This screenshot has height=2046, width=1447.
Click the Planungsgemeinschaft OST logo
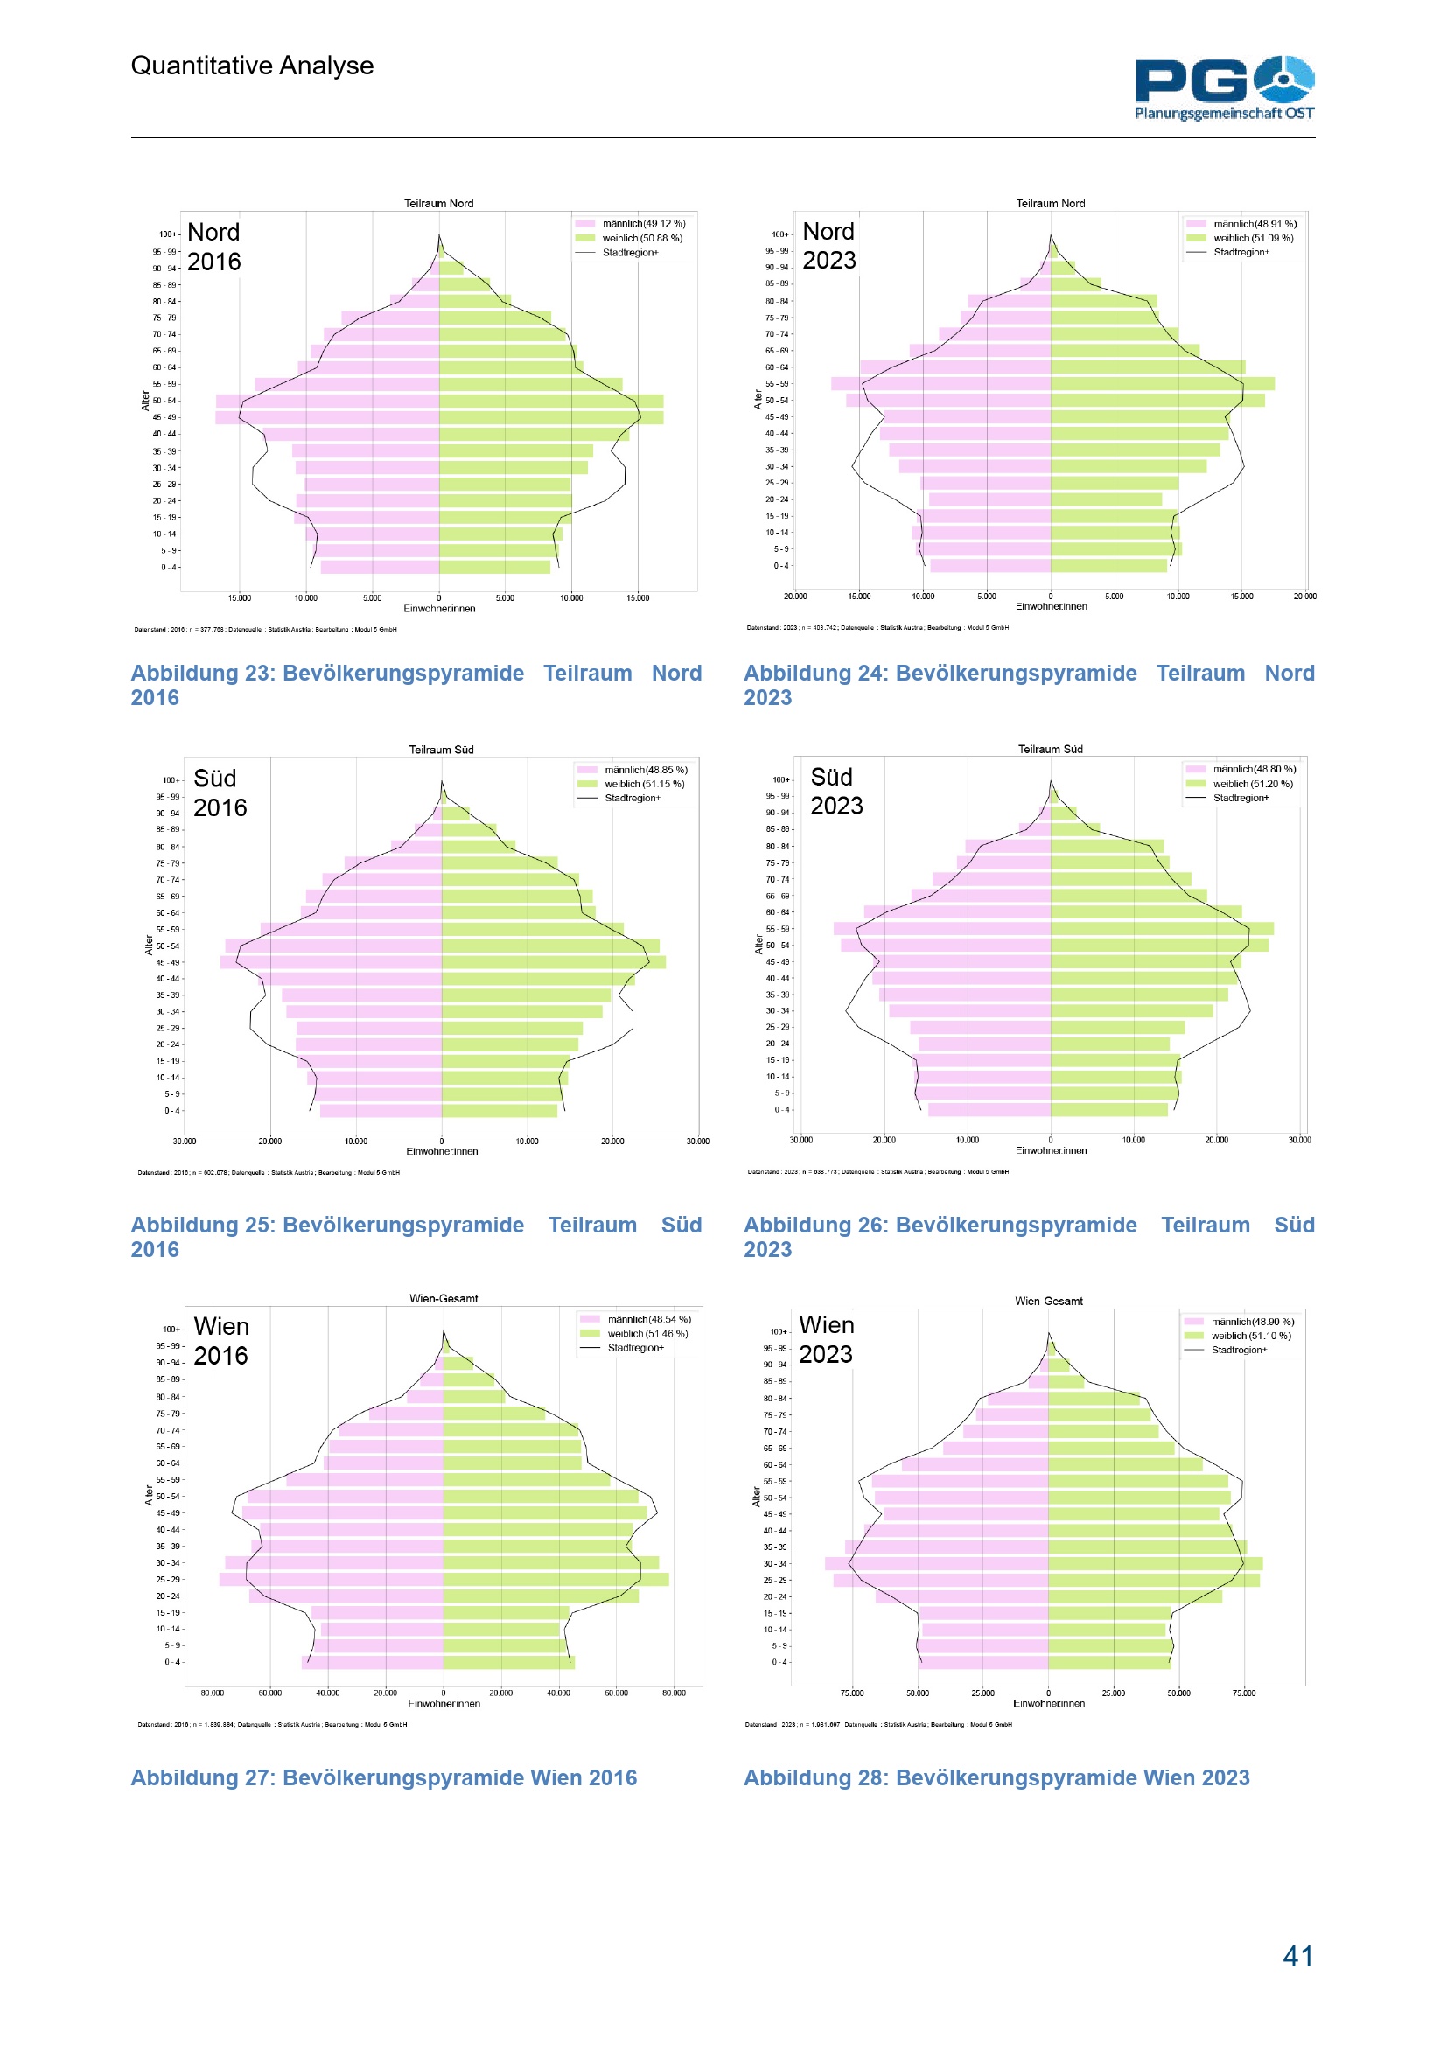[x=1223, y=87]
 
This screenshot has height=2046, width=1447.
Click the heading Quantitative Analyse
[x=252, y=66]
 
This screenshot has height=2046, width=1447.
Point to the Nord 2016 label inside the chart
[x=213, y=247]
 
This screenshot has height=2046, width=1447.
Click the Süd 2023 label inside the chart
[x=835, y=792]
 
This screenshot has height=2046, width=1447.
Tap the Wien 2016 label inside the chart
[x=221, y=1340]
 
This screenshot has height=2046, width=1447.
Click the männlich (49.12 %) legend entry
[x=642, y=224]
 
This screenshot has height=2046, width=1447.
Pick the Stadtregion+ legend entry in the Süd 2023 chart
[x=1240, y=798]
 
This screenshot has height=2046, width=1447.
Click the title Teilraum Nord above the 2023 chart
[x=1051, y=203]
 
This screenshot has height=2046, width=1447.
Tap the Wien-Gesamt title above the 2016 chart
[x=443, y=1298]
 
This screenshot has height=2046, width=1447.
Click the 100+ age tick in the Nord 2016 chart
[x=166, y=234]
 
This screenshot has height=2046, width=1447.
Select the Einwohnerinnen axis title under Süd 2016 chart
[x=442, y=1151]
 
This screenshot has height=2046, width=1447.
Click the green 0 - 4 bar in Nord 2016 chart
[x=494, y=567]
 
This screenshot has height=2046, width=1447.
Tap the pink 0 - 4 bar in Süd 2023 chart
[x=989, y=1109]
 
